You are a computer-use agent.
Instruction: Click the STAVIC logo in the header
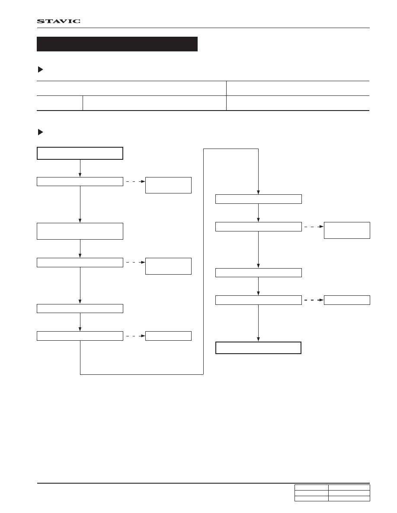(59, 21)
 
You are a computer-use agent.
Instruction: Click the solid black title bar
(117, 44)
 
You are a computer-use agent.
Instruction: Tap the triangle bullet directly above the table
(41, 70)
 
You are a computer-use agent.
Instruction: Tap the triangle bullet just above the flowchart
(41, 132)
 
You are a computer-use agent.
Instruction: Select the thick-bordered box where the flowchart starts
(80, 153)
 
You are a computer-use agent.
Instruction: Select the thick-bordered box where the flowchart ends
(258, 348)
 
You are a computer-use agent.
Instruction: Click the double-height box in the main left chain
(80, 231)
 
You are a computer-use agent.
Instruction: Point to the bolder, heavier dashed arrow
(314, 300)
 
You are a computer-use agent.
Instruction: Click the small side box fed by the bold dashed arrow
(347, 300)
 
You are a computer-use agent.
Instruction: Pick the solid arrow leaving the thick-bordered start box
(80, 168)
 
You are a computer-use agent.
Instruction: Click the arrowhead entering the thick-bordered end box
(258, 339)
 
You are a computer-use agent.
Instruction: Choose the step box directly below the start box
(80, 181)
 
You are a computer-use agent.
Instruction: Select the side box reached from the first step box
(168, 185)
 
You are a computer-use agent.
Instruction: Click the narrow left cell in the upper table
(60, 103)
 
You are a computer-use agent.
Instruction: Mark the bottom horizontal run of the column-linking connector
(142, 374)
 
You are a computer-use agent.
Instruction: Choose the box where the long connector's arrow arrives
(259, 199)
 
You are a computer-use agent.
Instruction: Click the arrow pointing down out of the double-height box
(80, 249)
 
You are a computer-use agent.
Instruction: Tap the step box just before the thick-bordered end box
(259, 300)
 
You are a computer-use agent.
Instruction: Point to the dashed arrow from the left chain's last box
(136, 336)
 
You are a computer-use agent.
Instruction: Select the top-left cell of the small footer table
(311, 488)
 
